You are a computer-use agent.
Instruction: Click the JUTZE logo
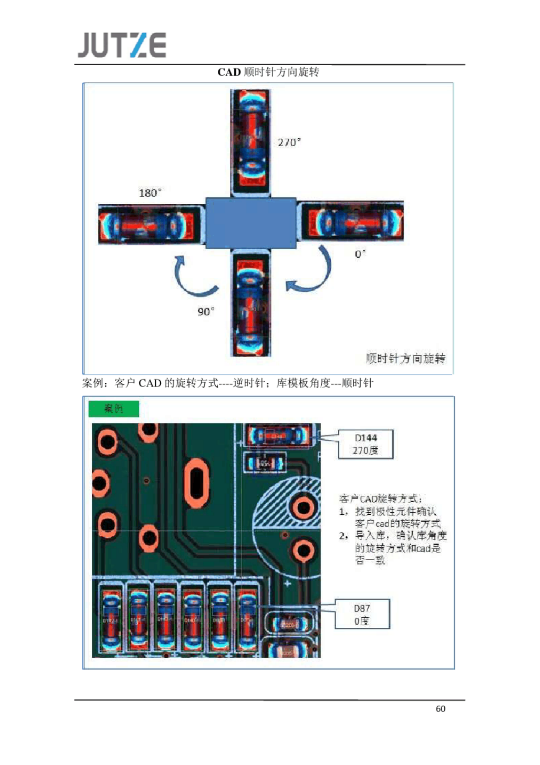[x=122, y=45]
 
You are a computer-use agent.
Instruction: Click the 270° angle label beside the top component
[x=289, y=143]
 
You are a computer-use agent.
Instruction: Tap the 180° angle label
[x=150, y=193]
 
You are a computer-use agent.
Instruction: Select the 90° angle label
[x=206, y=312]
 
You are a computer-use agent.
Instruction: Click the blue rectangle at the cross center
[x=251, y=223]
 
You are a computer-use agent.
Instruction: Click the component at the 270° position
[x=251, y=143]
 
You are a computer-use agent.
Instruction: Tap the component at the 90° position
[x=251, y=304]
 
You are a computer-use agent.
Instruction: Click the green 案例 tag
[x=113, y=408]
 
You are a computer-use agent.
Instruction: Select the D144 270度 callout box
[x=365, y=444]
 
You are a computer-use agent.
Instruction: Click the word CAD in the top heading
[x=229, y=72]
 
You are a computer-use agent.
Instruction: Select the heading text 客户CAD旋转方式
[x=380, y=499]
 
